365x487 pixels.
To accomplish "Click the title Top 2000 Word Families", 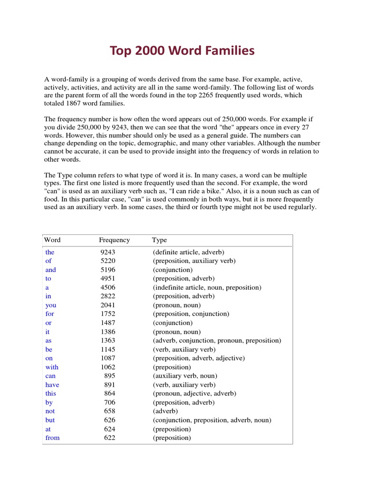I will coord(182,51).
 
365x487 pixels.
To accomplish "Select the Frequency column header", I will coord(114,240).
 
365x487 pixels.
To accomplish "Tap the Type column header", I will coord(159,240).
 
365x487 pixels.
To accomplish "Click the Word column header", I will coord(52,240).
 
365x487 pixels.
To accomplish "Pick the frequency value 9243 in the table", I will coord(108,252).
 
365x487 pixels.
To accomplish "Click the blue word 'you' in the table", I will coord(51,305).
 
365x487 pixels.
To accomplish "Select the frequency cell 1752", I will coord(108,314).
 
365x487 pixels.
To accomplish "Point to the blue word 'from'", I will coord(53,438).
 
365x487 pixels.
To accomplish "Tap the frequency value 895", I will coord(110,376).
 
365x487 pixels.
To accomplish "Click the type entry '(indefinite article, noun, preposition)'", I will coord(207,288).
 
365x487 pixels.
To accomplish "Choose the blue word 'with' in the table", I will coord(52,367).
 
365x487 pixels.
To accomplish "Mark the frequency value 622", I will coord(110,438).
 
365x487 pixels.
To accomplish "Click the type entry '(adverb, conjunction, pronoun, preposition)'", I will coord(217,341).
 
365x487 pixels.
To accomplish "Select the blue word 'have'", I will coord(52,385).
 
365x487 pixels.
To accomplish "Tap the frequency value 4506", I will coord(108,288).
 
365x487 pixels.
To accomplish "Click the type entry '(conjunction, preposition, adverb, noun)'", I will coord(212,420).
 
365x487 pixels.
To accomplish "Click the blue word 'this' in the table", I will coord(51,393).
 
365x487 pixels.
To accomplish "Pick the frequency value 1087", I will coord(108,358).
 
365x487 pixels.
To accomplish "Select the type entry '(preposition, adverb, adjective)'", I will coord(199,358).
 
